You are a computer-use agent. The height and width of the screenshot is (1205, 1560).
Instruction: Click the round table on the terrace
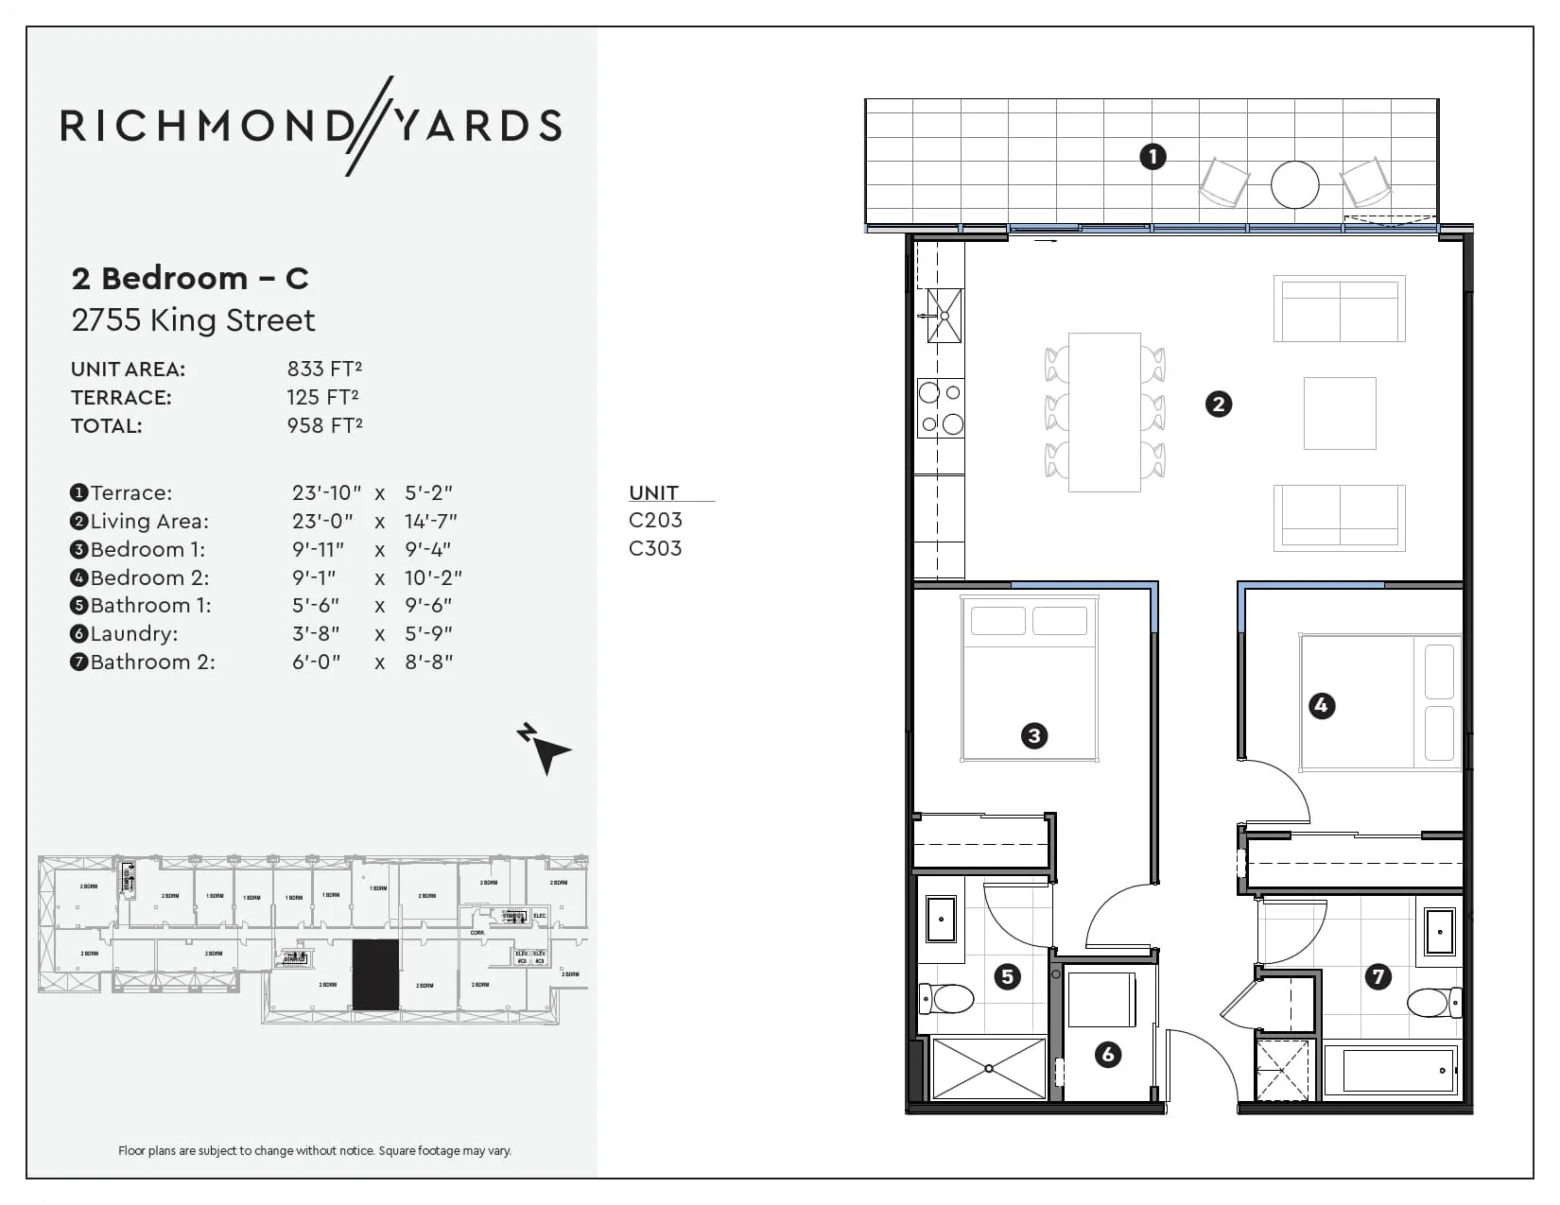coord(1294,184)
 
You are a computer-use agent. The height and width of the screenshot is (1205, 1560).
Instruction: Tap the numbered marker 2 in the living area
coord(1219,405)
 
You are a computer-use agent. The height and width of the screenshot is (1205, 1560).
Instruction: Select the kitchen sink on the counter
coord(944,315)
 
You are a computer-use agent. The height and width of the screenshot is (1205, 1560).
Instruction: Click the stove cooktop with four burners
coord(941,407)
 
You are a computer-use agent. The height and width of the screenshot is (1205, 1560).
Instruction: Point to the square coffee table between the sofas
coord(1339,413)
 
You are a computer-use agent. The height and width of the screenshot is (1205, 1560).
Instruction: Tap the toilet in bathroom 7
coord(1432,1002)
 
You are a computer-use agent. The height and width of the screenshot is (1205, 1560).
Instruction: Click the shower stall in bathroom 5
coord(988,1068)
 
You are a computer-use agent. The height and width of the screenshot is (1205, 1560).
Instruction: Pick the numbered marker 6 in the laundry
coord(1107,1054)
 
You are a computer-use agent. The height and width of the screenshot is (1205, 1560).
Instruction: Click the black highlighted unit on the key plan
coord(375,975)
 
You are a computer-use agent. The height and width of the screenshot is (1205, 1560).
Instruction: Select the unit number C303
coord(655,548)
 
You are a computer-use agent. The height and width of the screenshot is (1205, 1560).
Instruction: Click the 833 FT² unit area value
coord(324,369)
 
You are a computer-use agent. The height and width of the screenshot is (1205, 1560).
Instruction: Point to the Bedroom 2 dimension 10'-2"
coord(433,577)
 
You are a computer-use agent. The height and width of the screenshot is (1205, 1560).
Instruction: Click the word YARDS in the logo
coord(477,126)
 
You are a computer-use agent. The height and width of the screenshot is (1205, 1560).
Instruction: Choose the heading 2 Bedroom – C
coord(190,278)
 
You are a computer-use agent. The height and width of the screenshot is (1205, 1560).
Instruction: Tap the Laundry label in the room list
coord(133,633)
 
